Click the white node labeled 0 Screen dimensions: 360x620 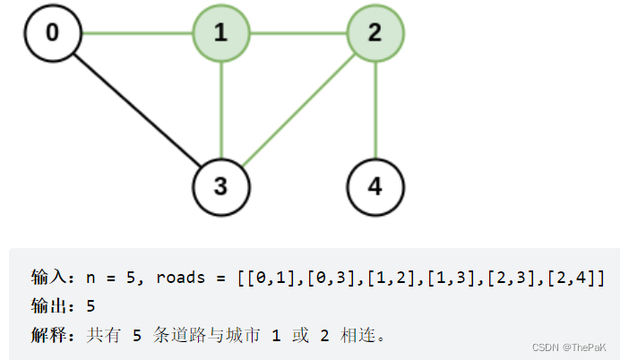pyautogui.click(x=53, y=35)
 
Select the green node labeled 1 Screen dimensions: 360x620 pyautogui.click(x=221, y=35)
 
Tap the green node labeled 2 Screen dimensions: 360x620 pyautogui.click(x=375, y=35)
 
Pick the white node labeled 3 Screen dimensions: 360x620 pyautogui.click(x=221, y=187)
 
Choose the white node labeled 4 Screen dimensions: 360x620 pyautogui.click(x=375, y=187)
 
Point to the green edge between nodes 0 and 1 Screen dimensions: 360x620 pyautogui.click(x=136, y=35)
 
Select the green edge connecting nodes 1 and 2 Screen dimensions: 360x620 pyautogui.click(x=297, y=35)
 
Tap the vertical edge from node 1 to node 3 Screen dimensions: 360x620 pyautogui.click(x=221, y=111)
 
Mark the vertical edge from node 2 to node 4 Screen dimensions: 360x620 pyautogui.click(x=375, y=111)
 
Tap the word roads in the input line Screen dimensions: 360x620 pyautogui.click(x=181, y=279)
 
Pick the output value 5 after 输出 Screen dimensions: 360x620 pyautogui.click(x=90, y=306)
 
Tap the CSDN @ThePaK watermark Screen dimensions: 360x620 pyautogui.click(x=569, y=347)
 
